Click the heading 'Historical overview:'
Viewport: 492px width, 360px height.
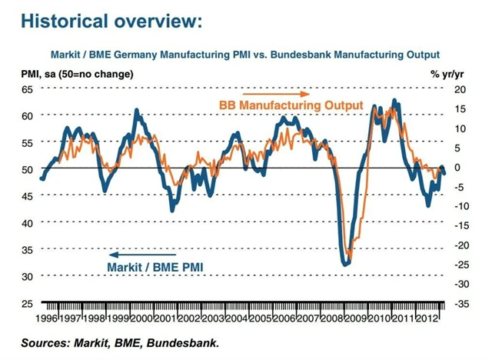tap(112, 21)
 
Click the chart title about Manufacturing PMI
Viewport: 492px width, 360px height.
tap(244, 55)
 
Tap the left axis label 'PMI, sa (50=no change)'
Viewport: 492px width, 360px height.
tap(75, 75)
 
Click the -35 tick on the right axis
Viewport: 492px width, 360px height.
tap(461, 303)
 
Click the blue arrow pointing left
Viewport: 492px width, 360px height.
tap(128, 254)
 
